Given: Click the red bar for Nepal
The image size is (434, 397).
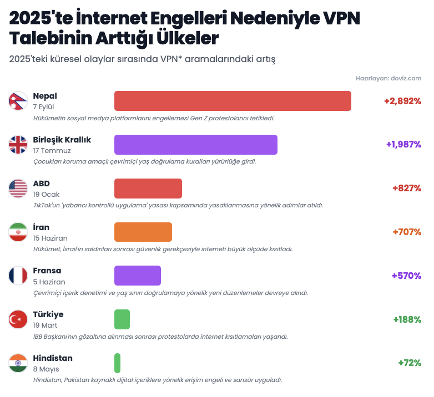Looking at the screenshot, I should coord(233,101).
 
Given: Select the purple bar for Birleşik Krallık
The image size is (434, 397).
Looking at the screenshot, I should coord(195,145).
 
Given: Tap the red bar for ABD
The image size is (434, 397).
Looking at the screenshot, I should coord(148,189).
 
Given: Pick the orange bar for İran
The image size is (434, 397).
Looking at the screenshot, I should coord(143,232).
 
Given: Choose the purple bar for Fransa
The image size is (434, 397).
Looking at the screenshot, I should coord(137,276).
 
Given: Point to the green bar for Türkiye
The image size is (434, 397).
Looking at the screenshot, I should coord(122,319).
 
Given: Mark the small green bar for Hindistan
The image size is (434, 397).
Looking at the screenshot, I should coord(117,363).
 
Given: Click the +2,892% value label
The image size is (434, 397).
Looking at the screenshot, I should coord(402,101).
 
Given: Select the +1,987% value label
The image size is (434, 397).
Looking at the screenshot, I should coord(403,144).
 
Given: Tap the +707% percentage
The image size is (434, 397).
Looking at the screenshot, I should coord(407,232).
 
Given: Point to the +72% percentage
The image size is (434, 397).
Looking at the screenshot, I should coord(410,363).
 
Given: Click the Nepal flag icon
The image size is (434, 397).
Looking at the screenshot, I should coord(18,101).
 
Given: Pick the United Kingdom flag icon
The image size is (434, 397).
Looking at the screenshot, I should coord(18,145).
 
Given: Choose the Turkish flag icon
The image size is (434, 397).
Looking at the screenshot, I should coord(18,319).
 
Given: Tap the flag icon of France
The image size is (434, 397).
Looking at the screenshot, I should coord(18,276).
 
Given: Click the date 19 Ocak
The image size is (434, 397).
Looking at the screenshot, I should coord(46,194).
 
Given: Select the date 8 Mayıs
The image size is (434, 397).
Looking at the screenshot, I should coord(46,369).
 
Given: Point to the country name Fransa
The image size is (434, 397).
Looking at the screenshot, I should coord(47,271).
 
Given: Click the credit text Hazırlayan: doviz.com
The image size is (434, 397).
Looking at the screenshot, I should coord(388,78).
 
